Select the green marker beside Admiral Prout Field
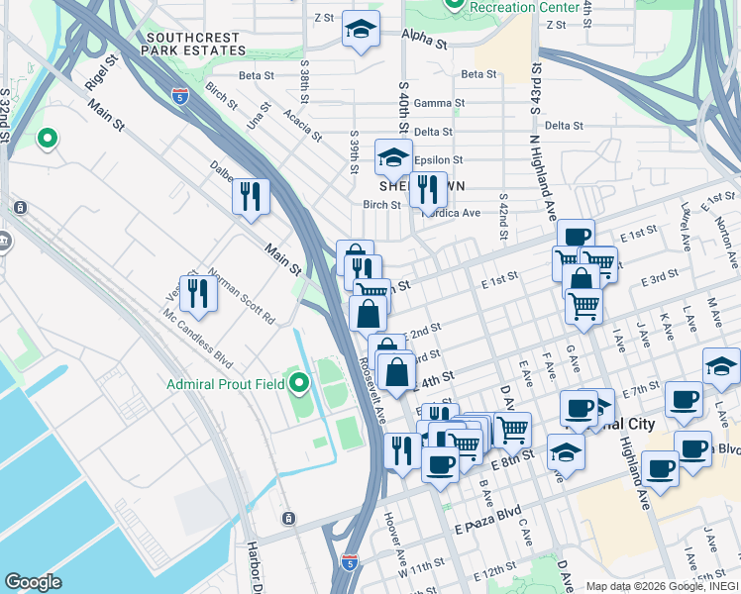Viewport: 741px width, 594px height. click(298, 381)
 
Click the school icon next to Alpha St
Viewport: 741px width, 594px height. click(361, 30)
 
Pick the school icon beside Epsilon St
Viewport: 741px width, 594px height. click(393, 157)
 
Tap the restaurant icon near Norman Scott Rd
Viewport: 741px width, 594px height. click(198, 293)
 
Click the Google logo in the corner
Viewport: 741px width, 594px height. click(34, 582)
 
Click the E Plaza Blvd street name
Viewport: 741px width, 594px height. click(485, 514)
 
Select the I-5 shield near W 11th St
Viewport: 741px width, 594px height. click(348, 561)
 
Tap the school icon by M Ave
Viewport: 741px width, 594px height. click(721, 366)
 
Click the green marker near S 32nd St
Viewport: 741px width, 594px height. click(47, 139)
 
